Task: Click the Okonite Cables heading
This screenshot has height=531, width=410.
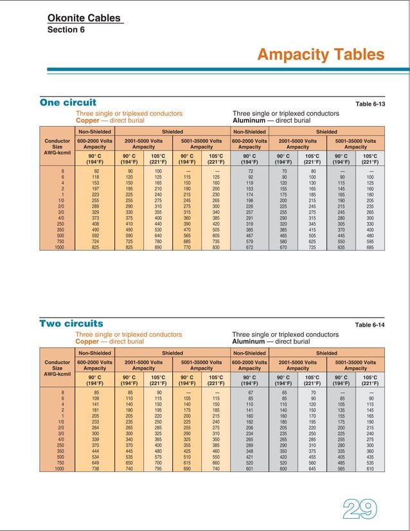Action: point(84,18)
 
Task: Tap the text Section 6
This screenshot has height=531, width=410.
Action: point(66,30)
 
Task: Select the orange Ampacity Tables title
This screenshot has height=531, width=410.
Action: point(321,55)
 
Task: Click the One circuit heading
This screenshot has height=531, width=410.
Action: point(68,102)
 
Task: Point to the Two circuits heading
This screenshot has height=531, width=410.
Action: point(71,323)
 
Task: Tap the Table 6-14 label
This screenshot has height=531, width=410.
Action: point(370,325)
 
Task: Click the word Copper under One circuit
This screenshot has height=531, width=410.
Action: point(89,120)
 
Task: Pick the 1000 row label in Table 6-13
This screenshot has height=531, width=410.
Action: point(59,247)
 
